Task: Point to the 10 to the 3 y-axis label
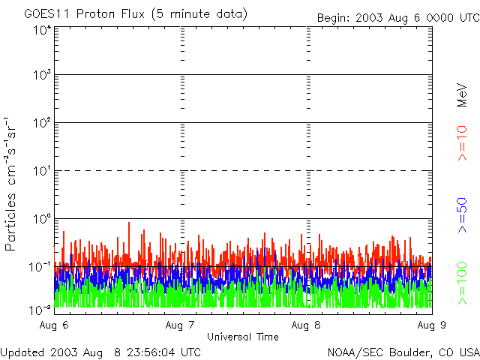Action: click(41, 75)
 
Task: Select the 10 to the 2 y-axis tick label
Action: click(41, 123)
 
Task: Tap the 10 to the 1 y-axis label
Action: click(41, 171)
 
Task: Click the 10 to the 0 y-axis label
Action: click(41, 219)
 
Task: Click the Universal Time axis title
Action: click(242, 337)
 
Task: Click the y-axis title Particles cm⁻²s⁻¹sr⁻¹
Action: click(13, 184)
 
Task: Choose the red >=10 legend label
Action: click(463, 143)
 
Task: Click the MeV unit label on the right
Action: click(463, 94)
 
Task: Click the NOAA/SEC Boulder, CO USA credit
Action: click(403, 352)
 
